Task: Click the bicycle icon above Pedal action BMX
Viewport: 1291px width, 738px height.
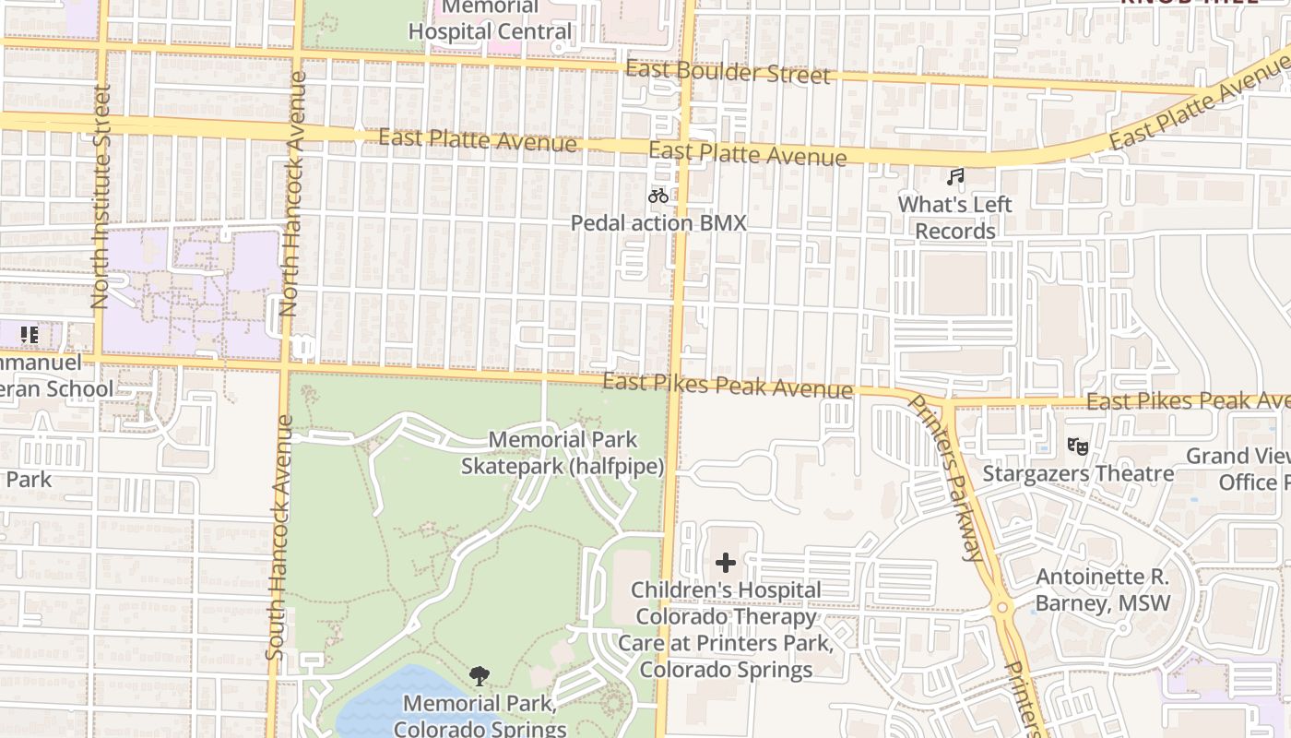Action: click(657, 196)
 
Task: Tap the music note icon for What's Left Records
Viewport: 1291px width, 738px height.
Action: click(955, 176)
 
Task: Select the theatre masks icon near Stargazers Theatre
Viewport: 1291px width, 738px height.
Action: click(1077, 446)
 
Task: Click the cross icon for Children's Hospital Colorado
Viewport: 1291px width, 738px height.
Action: click(726, 562)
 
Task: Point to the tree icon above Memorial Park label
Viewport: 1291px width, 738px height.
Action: click(479, 676)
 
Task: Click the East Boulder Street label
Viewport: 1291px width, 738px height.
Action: click(728, 72)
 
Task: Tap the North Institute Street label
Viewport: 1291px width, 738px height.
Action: click(101, 196)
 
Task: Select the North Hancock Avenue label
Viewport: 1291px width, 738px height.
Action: click(294, 194)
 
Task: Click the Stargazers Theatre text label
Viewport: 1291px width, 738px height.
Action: click(1078, 474)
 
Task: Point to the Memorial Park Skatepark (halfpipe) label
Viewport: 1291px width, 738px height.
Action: click(563, 453)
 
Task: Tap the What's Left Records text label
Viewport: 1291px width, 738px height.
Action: click(954, 218)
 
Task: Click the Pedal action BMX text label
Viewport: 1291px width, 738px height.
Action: click(657, 223)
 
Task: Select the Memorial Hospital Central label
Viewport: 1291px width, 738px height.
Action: click(490, 20)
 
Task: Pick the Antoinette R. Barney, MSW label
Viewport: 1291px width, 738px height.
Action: click(1102, 590)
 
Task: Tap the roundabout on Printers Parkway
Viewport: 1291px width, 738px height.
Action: click(1002, 607)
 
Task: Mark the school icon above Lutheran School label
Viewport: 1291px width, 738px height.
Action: click(29, 335)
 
